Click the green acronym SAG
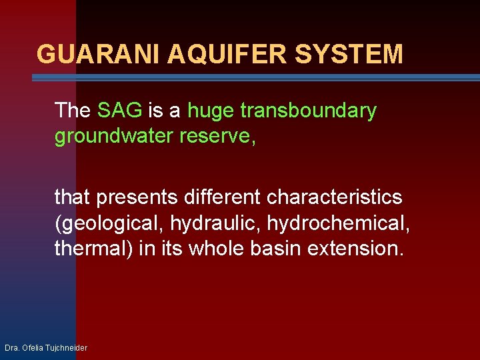tap(119, 111)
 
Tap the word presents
tap(135, 197)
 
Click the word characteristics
tap(335, 197)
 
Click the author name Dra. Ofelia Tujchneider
tap(46, 348)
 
